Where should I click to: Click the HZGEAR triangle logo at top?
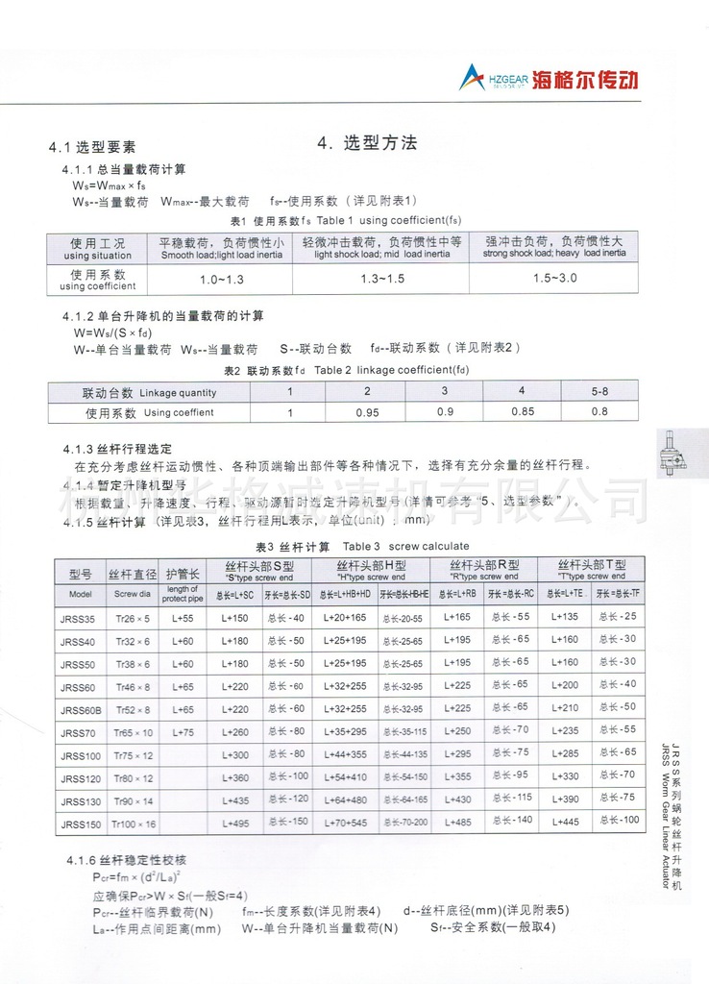[473, 77]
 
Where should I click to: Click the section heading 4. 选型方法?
[367, 143]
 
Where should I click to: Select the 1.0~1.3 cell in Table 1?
[222, 278]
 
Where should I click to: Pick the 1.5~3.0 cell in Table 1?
[554, 278]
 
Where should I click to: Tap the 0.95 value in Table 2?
[366, 412]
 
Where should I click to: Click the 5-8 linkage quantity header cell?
[599, 391]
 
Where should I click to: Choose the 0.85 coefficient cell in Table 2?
[521, 412]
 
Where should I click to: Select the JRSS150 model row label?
[80, 824]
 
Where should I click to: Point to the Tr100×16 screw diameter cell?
[133, 824]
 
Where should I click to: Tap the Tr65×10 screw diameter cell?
[133, 732]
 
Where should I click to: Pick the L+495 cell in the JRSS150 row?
[235, 824]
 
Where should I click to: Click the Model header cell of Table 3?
[80, 594]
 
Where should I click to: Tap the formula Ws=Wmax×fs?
[110, 184]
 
